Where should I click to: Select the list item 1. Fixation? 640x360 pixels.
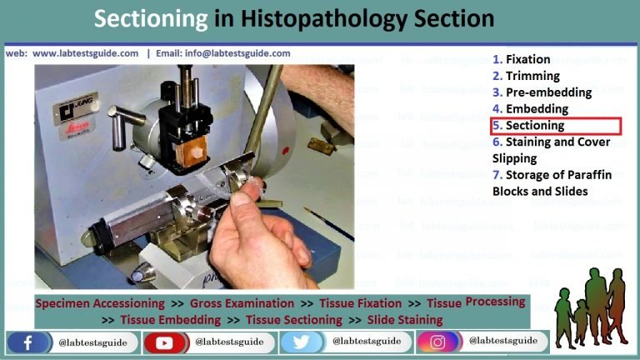pos(522,59)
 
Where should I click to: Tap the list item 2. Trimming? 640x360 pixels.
pos(526,76)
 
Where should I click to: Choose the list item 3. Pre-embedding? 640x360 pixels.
pos(542,92)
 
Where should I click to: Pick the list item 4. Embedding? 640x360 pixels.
pos(531,109)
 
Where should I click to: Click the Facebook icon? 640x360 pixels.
pos(27,342)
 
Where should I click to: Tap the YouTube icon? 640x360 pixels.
pos(165,342)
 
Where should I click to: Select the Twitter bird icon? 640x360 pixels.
pos(302,342)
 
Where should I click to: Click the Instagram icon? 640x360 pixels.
pos(438,342)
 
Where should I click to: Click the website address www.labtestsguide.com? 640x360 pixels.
pos(86,53)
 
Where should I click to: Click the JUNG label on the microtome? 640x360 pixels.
pos(68,106)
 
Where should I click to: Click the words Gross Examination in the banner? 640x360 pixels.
pos(242,304)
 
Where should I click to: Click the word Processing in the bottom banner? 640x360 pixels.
pos(495,302)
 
